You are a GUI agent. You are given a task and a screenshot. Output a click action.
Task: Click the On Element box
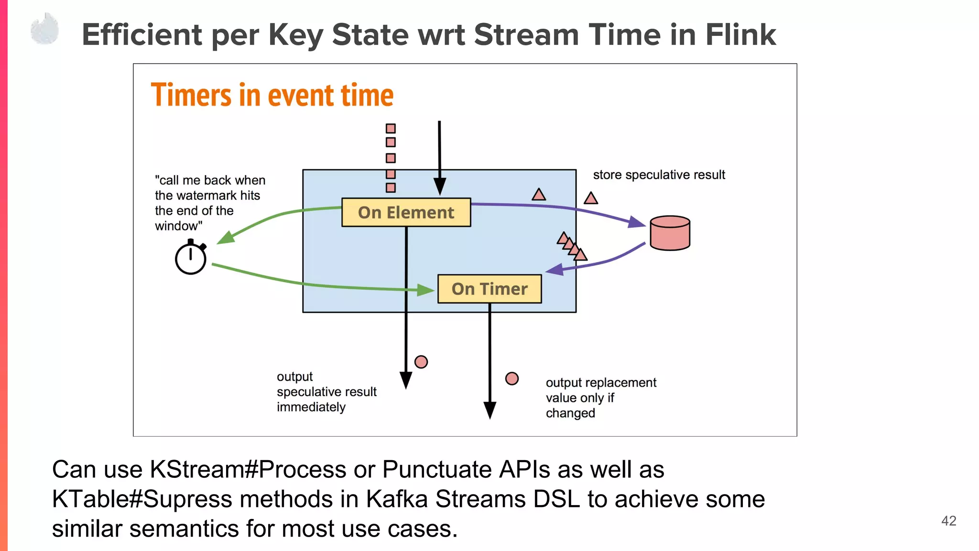pos(406,212)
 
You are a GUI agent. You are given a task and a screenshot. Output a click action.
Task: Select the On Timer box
pos(489,289)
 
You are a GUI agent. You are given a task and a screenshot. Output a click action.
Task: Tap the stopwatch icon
pos(191,258)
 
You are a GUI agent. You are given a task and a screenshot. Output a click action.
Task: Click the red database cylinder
pos(670,233)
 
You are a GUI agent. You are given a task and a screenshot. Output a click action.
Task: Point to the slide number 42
pos(948,521)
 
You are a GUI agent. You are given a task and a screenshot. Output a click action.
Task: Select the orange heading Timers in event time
pos(272,95)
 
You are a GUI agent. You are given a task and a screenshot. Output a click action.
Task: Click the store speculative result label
pos(659,175)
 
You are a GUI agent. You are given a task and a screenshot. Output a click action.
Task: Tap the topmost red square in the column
pos(391,129)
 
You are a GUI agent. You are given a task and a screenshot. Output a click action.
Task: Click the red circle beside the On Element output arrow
pos(421,362)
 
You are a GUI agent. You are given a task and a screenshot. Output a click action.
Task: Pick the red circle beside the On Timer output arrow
pos(512,379)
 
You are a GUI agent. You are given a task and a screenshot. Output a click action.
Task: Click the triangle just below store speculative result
pos(591,198)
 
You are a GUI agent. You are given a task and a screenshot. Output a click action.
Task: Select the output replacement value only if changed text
pos(600,397)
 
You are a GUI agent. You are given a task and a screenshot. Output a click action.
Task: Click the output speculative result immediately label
pos(326,392)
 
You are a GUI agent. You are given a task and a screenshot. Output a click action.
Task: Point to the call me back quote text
pos(209,203)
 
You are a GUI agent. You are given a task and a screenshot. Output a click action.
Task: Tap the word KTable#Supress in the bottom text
pos(142,499)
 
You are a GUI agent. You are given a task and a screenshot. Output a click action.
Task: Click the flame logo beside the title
pos(45,30)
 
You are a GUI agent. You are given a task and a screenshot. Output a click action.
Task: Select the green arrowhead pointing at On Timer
pos(425,290)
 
